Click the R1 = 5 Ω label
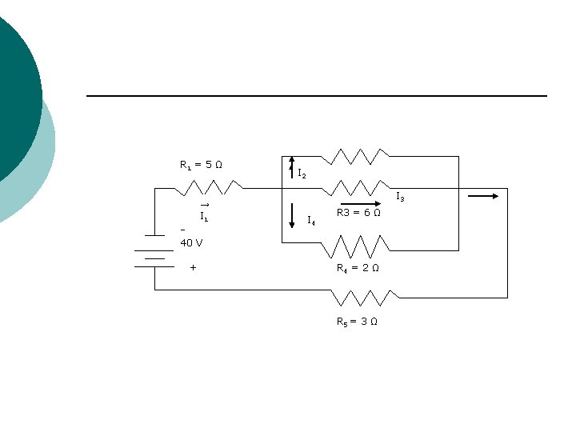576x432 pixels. (x=201, y=165)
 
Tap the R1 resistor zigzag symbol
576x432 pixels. (x=209, y=187)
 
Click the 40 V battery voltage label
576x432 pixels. (x=191, y=243)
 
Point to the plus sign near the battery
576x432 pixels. (x=194, y=268)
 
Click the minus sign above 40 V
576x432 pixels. (x=183, y=230)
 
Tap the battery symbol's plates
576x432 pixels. (x=154, y=251)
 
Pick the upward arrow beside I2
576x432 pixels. (x=292, y=167)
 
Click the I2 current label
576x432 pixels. (x=302, y=174)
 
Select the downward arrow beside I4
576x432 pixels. (x=292, y=216)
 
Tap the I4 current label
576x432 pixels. (x=311, y=221)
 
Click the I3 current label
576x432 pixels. (x=400, y=197)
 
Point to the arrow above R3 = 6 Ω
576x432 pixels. (x=361, y=203)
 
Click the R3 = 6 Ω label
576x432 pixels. (x=358, y=213)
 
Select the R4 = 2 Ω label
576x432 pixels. (x=358, y=268)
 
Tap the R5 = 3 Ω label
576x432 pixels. (x=357, y=322)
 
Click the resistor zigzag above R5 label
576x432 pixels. (x=365, y=298)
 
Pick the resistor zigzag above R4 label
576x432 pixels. (x=355, y=246)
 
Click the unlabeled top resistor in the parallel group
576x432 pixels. (x=355, y=157)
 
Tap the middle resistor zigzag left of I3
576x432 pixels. (x=356, y=188)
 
